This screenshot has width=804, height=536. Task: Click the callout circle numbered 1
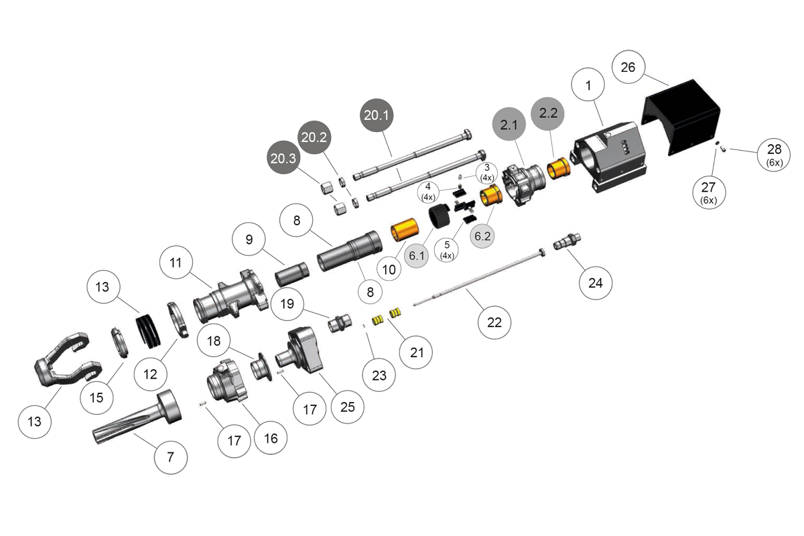(588, 86)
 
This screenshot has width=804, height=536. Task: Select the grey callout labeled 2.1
(509, 125)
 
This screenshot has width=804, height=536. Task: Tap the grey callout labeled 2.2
(548, 113)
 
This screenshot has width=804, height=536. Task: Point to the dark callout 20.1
(376, 115)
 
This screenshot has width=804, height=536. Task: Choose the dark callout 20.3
(283, 159)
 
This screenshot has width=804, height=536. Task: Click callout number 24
(595, 283)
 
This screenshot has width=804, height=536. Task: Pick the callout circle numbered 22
(494, 322)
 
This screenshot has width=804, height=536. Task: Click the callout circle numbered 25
(347, 406)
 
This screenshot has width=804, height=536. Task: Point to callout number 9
(249, 239)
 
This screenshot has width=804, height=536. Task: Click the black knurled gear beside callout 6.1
(439, 217)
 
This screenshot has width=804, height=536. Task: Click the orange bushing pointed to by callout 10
(405, 231)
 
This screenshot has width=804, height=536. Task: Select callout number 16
(271, 439)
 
